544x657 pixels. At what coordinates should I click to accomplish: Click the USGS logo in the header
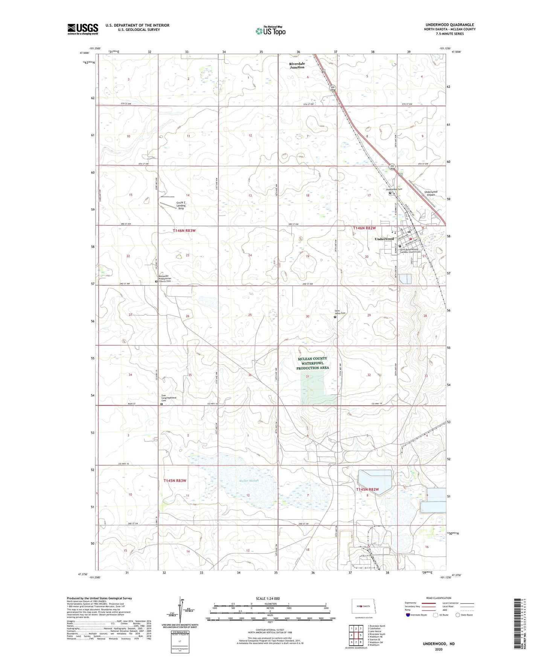(83, 29)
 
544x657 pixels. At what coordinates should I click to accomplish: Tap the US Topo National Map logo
(270, 30)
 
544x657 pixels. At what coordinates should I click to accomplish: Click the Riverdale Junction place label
(297, 65)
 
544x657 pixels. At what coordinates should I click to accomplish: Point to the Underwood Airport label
(431, 193)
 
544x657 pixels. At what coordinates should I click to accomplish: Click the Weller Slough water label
(249, 481)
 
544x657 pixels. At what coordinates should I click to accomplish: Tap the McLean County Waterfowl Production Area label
(312, 363)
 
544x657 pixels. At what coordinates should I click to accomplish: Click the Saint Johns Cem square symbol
(335, 317)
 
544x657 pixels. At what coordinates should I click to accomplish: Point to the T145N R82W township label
(367, 489)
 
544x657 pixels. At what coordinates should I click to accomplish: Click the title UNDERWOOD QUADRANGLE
(450, 25)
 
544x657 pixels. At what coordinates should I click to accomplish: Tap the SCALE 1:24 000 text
(268, 599)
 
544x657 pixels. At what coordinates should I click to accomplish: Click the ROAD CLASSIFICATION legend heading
(439, 598)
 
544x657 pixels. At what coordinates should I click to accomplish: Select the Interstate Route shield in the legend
(408, 615)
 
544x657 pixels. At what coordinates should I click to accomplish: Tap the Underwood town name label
(384, 239)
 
